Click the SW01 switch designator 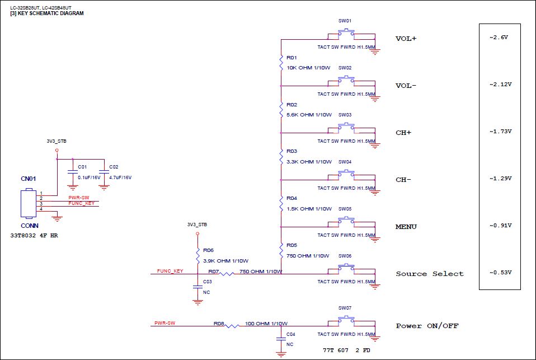tap(345, 21)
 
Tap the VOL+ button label tap(406, 39)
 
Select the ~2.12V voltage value tap(500, 85)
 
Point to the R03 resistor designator tap(291, 151)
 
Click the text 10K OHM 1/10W tap(308, 68)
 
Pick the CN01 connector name tap(29, 179)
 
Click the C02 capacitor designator tap(114, 167)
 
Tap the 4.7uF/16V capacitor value tap(120, 177)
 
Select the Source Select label tap(430, 274)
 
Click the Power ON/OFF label tap(427, 326)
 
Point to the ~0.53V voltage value tap(500, 273)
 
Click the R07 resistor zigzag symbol tap(227, 274)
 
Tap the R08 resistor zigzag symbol tap(232, 326)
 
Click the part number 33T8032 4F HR tap(34, 236)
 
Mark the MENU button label tap(406, 227)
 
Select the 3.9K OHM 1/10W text tap(225, 261)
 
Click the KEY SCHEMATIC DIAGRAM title tap(50, 13)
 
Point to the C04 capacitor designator tap(290, 334)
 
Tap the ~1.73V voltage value tap(500, 132)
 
